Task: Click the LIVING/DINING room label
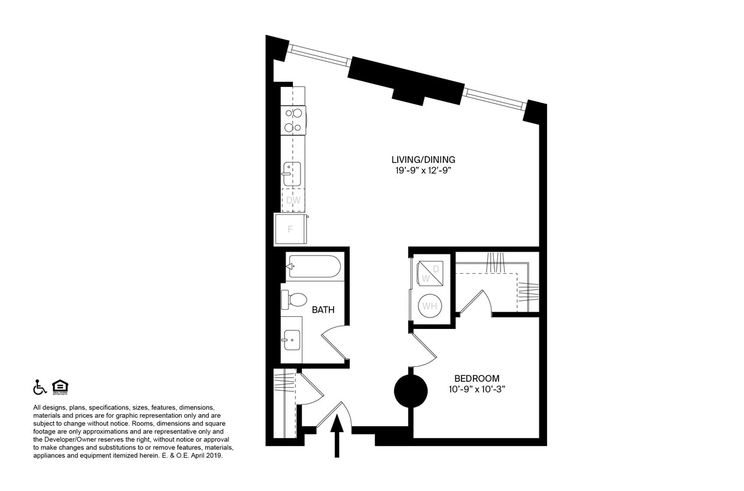(x=423, y=160)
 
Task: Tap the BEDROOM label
(x=477, y=379)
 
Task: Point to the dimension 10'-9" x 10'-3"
(x=477, y=389)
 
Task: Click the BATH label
(x=323, y=310)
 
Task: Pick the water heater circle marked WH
(x=430, y=306)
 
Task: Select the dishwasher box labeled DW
(x=293, y=200)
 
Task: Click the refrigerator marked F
(x=290, y=229)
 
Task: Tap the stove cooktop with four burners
(x=293, y=120)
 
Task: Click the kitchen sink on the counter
(x=292, y=173)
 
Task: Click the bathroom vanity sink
(x=292, y=340)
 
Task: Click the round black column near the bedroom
(x=410, y=390)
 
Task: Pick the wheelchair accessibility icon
(x=40, y=387)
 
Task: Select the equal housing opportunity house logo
(x=59, y=387)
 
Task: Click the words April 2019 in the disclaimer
(x=206, y=456)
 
